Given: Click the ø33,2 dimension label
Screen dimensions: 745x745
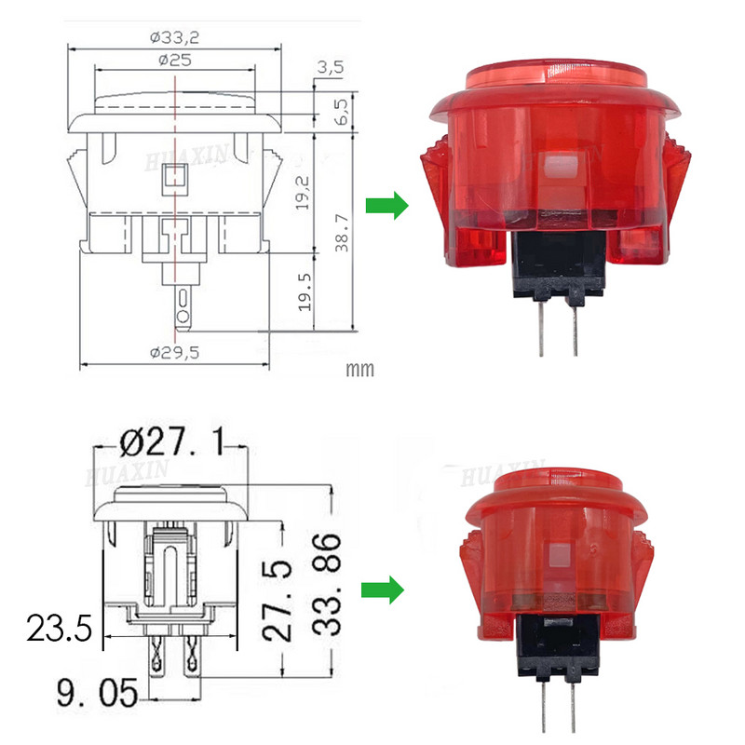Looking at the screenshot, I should click(175, 38).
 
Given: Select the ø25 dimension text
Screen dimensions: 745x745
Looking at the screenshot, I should click(175, 60).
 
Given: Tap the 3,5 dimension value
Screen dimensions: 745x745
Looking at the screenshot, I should click(331, 67).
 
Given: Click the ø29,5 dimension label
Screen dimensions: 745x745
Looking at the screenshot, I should click(175, 351).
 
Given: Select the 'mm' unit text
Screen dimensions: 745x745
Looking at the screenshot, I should click(359, 370).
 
